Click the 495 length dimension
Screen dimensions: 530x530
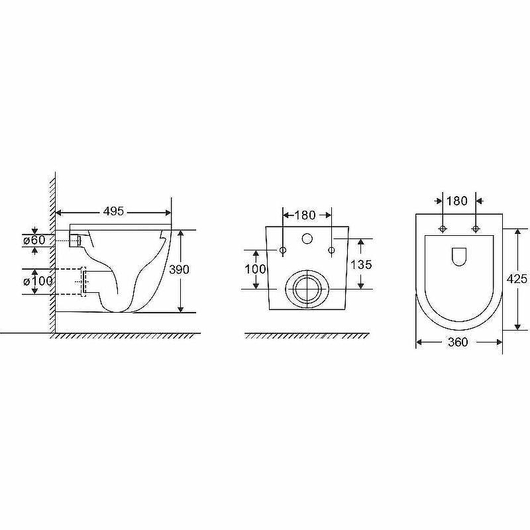point(113,211)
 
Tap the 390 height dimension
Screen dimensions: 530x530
point(179,270)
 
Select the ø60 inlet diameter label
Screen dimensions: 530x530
point(34,240)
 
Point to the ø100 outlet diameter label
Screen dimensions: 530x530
point(38,281)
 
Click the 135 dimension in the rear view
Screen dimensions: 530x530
point(361,264)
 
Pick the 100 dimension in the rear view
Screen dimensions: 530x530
point(255,270)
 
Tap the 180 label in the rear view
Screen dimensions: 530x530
point(305,215)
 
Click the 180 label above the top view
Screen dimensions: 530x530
point(457,201)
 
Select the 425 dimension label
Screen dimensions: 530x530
point(517,278)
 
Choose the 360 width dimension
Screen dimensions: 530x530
point(458,342)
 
